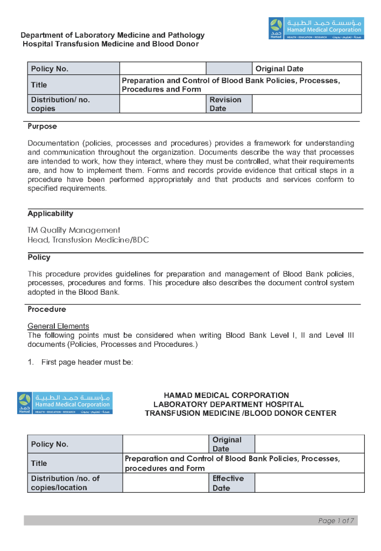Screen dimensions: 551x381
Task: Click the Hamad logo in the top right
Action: (316, 29)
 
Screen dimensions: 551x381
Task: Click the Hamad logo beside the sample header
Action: (65, 403)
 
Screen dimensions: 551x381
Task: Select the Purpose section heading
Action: (42, 127)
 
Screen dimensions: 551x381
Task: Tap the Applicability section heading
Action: (51, 214)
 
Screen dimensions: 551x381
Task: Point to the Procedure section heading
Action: (47, 310)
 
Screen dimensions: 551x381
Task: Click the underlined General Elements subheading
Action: (58, 326)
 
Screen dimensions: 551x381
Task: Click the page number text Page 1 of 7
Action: (336, 521)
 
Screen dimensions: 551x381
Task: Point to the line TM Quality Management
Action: (74, 230)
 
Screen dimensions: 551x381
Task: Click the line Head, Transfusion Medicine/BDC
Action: (88, 240)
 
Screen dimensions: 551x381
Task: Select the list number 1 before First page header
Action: (30, 362)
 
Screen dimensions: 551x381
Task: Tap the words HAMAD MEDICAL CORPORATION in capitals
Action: (226, 395)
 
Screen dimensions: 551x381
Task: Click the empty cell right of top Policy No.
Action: (163, 68)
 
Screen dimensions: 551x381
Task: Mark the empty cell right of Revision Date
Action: (306, 104)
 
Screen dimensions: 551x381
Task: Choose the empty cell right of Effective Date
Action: (309, 483)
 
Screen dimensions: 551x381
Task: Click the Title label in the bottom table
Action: (39, 463)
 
